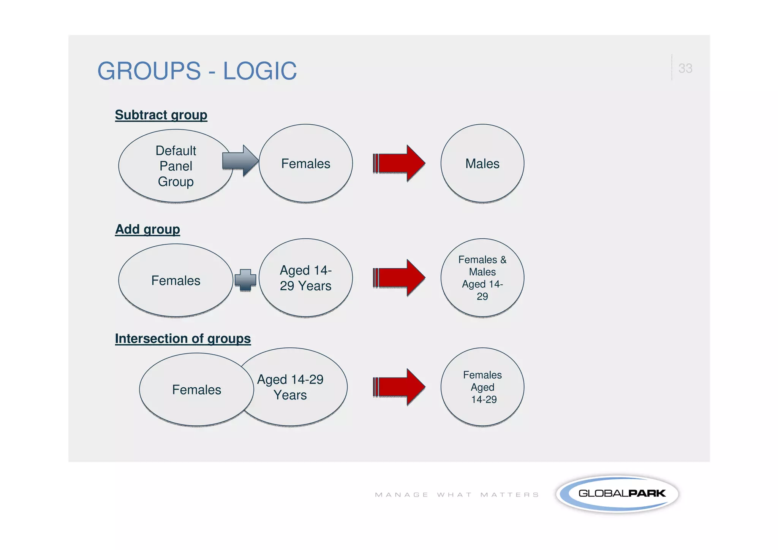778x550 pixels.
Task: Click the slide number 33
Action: [685, 68]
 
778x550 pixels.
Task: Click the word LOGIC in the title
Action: [259, 71]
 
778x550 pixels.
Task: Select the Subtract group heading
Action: [161, 115]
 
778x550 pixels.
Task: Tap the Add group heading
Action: [147, 229]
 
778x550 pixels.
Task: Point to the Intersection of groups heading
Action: [183, 338]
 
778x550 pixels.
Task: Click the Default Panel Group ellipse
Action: [176, 166]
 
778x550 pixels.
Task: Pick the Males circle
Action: [482, 163]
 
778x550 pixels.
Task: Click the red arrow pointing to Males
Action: [399, 163]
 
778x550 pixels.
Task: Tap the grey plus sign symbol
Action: [245, 280]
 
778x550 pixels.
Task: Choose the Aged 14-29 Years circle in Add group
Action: [305, 278]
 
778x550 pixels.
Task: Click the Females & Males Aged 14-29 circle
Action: [482, 278]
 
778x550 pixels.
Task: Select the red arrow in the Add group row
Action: [399, 278]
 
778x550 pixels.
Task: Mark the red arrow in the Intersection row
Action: [399, 387]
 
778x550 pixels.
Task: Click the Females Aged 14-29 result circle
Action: [482, 387]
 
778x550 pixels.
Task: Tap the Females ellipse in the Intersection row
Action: [196, 390]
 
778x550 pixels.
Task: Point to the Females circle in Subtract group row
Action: [305, 163]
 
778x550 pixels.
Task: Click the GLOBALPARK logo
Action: [617, 493]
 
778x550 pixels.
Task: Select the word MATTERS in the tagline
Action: [509, 495]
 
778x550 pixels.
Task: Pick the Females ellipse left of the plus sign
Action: [176, 280]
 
